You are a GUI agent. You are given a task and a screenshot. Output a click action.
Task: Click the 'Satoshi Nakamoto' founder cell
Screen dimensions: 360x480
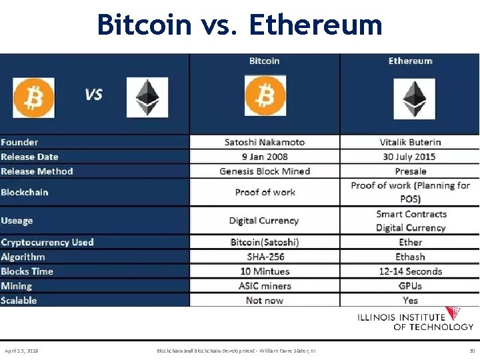pyautogui.click(x=265, y=142)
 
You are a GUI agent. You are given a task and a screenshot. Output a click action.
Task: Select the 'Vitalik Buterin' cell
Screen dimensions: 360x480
pyautogui.click(x=410, y=142)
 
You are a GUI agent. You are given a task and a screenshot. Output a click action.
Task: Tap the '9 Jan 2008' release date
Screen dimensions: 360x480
pyautogui.click(x=265, y=157)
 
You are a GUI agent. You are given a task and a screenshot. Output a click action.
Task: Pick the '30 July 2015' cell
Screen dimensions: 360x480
pyautogui.click(x=410, y=157)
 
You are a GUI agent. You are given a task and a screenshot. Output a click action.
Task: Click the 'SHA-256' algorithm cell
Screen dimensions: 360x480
pyautogui.click(x=265, y=257)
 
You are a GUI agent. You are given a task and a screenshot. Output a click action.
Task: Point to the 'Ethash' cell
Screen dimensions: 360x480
pyautogui.click(x=410, y=257)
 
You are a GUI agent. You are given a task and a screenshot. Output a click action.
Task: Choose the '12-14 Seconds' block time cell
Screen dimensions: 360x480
pyautogui.click(x=410, y=271)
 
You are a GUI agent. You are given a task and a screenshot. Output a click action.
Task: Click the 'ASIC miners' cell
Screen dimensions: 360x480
pyautogui.click(x=265, y=286)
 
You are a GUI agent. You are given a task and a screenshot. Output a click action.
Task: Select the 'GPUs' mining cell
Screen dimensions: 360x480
pyautogui.click(x=410, y=286)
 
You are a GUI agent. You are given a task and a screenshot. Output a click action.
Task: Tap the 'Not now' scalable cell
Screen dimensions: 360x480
pyautogui.click(x=265, y=301)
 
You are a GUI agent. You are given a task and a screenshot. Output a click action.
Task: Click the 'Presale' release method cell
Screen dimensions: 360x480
pyautogui.click(x=410, y=171)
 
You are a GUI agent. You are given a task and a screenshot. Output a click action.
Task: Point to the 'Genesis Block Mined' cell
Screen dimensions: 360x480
pyautogui.click(x=265, y=171)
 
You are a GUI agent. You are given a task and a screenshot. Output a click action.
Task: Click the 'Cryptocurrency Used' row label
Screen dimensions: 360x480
pyautogui.click(x=47, y=242)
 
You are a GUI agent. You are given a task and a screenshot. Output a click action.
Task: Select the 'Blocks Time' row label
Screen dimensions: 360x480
pyautogui.click(x=27, y=271)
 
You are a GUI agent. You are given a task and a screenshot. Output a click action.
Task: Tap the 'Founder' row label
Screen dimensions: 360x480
pyautogui.click(x=20, y=142)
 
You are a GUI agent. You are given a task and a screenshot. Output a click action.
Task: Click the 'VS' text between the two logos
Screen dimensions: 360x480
pyautogui.click(x=93, y=95)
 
